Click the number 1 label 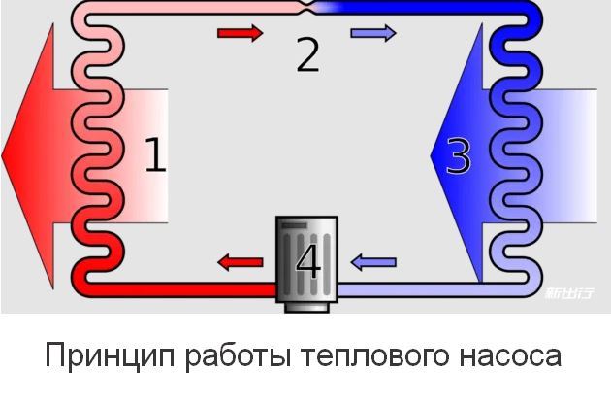click(155, 155)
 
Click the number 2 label click(307, 55)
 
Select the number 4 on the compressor click(307, 261)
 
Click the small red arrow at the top click(240, 34)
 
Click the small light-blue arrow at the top click(373, 34)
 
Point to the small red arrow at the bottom click(240, 262)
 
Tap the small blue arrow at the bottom click(373, 262)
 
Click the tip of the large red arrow click(5, 155)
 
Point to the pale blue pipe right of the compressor click(407, 288)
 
